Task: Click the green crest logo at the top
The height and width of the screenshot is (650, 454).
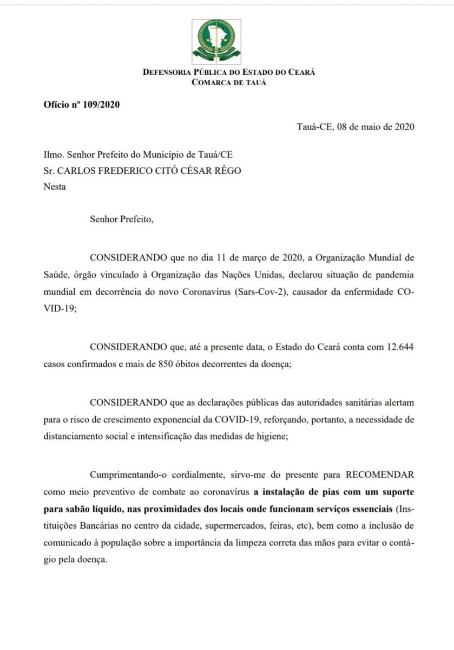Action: click(216, 42)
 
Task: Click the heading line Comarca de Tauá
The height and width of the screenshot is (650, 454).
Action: click(229, 82)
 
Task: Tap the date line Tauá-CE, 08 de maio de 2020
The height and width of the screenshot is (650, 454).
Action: click(356, 127)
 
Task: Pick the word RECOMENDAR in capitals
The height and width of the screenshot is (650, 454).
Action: click(380, 476)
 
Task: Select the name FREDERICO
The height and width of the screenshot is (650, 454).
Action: click(129, 171)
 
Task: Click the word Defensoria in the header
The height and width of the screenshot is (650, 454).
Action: click(168, 72)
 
